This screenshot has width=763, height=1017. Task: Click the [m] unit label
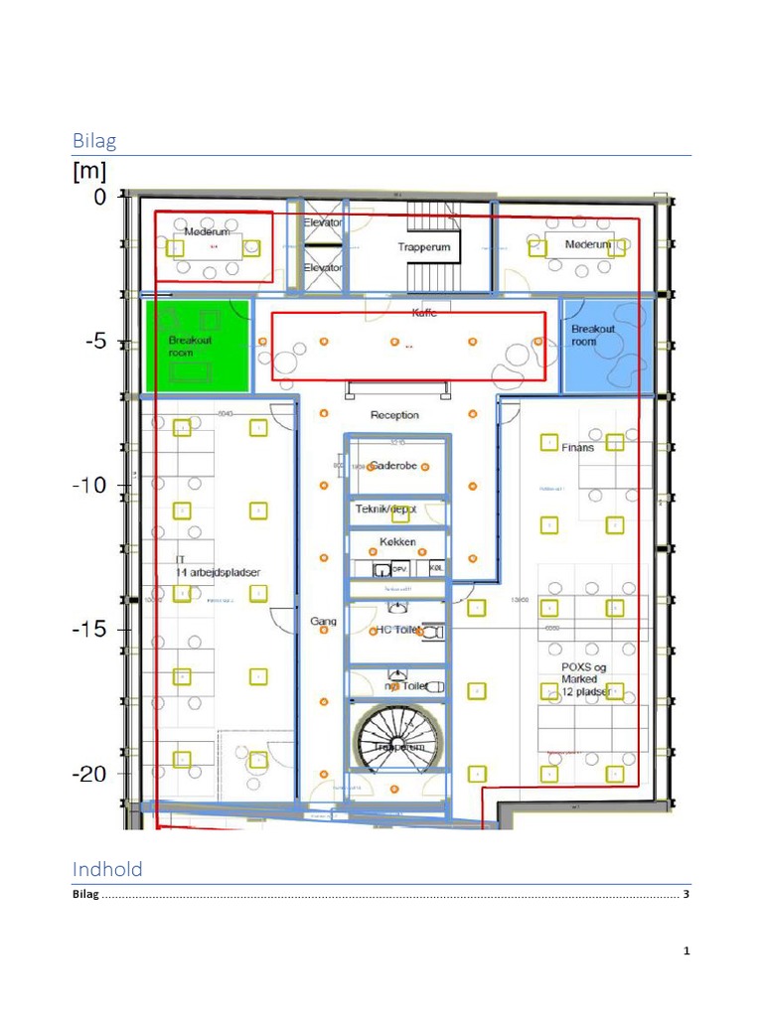tap(89, 172)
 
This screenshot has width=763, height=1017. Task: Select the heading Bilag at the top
tap(94, 140)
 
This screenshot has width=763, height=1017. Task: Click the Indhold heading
tap(107, 869)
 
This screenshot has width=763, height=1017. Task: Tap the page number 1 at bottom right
tap(686, 952)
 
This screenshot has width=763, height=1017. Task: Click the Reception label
tap(394, 415)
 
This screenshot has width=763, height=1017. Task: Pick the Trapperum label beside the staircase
tap(424, 247)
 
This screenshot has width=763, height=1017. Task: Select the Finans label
tap(577, 448)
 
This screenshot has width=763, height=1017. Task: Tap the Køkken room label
tap(397, 542)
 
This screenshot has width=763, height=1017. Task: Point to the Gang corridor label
tap(323, 622)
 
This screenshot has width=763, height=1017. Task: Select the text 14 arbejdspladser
tap(218, 572)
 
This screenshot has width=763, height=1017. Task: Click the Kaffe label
tap(424, 313)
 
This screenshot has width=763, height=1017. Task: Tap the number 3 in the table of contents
tap(686, 895)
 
